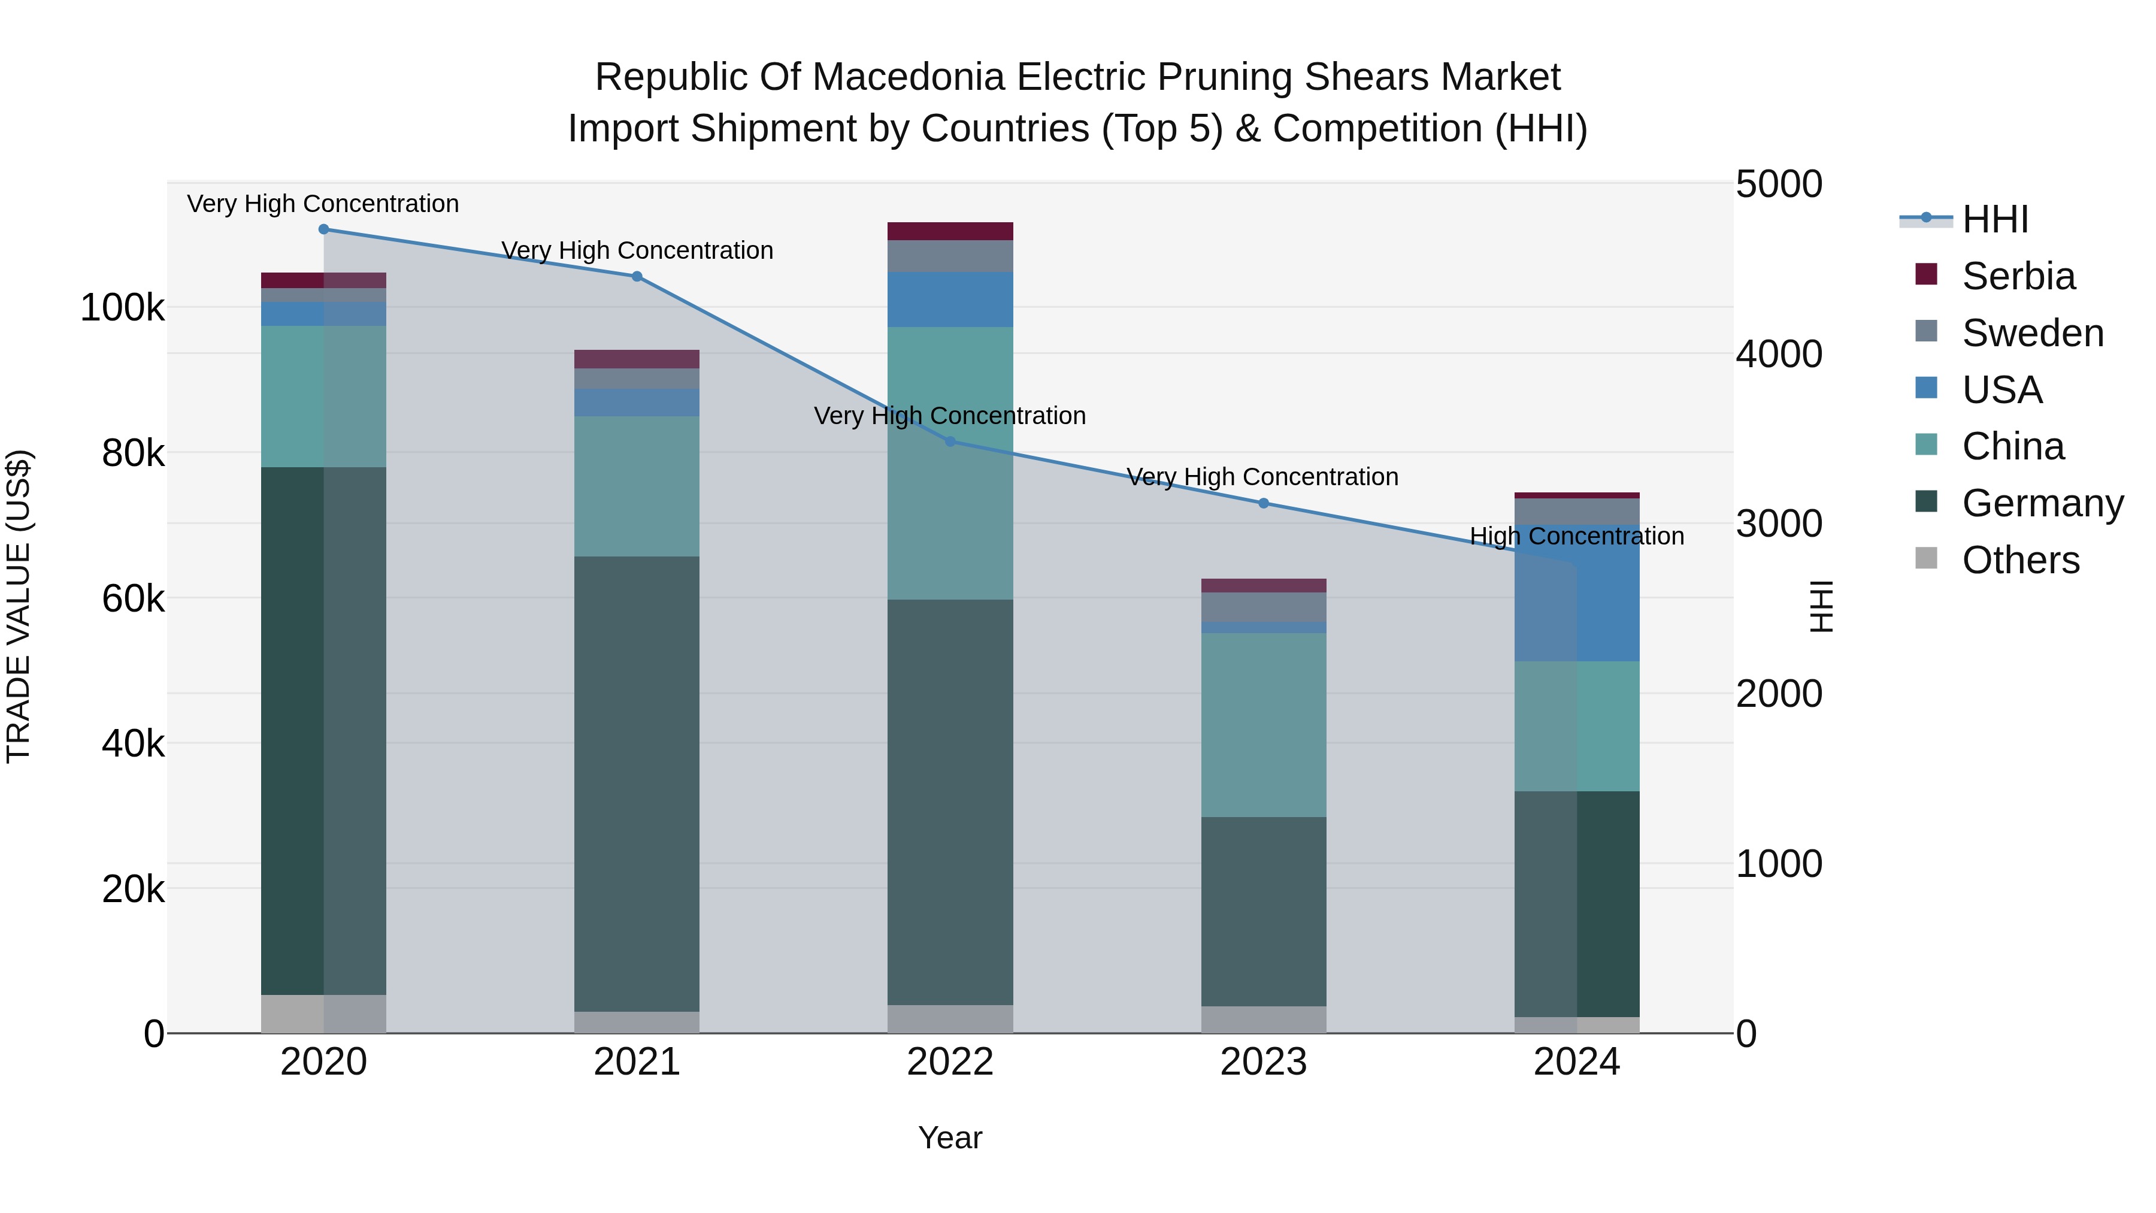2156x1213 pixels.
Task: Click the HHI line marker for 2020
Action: coord(324,229)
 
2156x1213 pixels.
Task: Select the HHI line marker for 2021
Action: coord(637,276)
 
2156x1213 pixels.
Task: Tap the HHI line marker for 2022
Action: coord(950,441)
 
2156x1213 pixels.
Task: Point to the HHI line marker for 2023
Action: coord(1264,503)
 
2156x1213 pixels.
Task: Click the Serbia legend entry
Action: coord(2017,276)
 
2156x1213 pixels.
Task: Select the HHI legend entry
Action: coord(1994,219)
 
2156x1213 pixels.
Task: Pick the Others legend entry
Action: coord(2019,560)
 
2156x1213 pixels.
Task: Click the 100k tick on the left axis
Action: coord(122,308)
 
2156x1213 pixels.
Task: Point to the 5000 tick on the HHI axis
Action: coord(1779,184)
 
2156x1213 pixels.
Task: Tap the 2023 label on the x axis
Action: coord(1264,1062)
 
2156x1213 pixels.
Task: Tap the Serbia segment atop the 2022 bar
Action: coord(950,231)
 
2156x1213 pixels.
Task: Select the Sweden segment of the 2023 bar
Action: coord(1264,607)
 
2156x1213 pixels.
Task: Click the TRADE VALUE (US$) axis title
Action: coord(19,606)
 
